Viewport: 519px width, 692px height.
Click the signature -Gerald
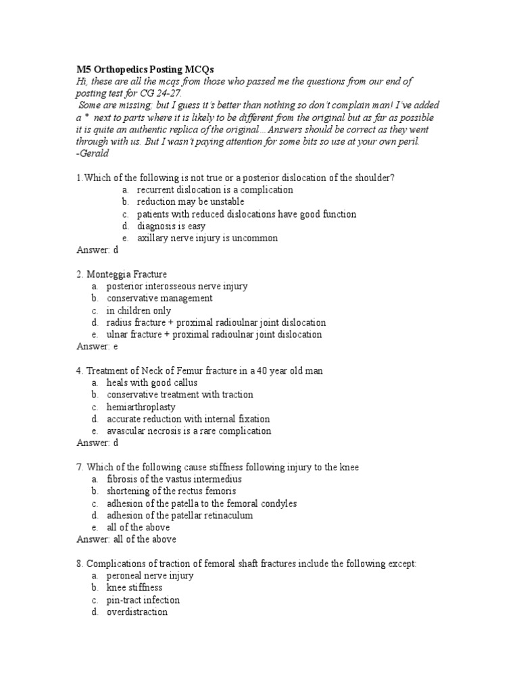(93, 153)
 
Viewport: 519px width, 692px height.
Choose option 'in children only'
(139, 311)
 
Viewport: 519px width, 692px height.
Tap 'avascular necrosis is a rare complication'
(189, 431)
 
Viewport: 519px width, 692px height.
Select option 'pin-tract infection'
(143, 600)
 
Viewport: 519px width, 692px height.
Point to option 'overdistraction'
(137, 612)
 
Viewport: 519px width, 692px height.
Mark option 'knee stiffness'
(134, 588)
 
